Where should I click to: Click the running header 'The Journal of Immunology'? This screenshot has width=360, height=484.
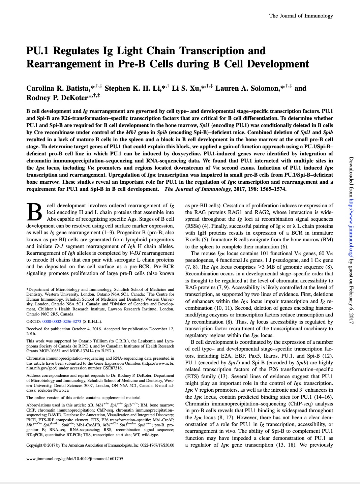pyautogui.click(x=301, y=16)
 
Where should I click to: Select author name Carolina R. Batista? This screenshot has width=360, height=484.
pyautogui.click(x=58, y=88)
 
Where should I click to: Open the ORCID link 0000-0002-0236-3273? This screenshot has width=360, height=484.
pyautogui.click(x=62, y=322)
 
